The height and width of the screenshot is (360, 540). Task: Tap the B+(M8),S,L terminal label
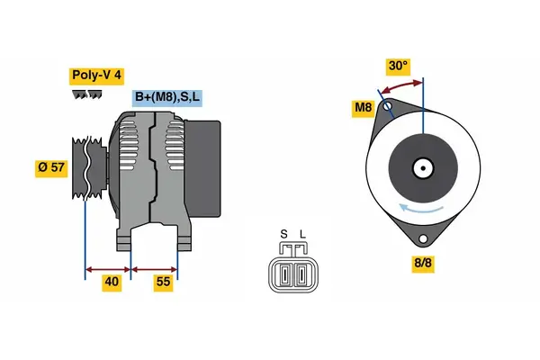pos(167,97)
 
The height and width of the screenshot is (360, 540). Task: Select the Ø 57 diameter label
pos(51,167)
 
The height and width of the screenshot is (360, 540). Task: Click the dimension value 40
pos(111,283)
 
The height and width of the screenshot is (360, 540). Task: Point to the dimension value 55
pos(164,283)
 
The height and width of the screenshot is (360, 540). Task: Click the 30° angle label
pos(398,66)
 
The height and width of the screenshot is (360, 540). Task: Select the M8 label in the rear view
pos(363,109)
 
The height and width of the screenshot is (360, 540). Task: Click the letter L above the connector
pos(301,236)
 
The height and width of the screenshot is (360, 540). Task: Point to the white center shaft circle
pos(422,167)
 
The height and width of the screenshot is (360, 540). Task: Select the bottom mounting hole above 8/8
pos(423,239)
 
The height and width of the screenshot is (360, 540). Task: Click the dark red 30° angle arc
pos(400,86)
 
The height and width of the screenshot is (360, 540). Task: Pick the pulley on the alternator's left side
pos(85,166)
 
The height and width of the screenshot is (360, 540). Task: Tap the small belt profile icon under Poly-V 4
pos(86,94)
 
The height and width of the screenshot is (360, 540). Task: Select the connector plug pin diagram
pos(292,272)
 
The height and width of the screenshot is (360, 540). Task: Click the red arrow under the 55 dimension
pos(154,268)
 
